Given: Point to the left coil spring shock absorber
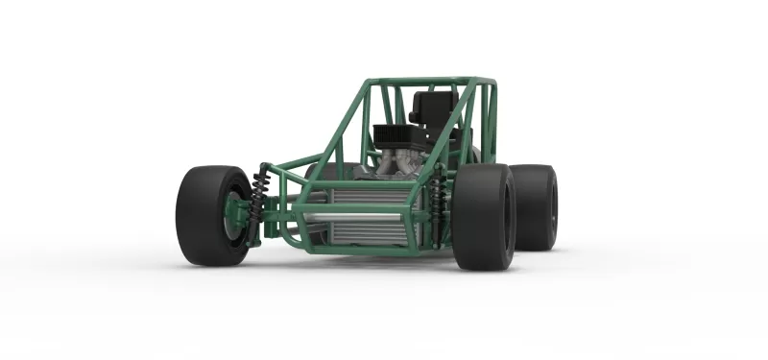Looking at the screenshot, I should (x=260, y=204).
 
